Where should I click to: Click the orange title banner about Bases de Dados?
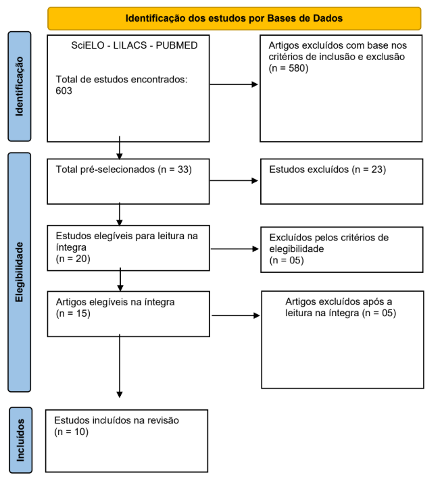(235, 18)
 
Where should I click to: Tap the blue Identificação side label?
(20, 86)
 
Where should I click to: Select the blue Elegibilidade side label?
(20, 272)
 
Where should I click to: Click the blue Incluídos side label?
(20, 440)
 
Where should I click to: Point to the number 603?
(64, 91)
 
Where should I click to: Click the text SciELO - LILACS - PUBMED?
(134, 45)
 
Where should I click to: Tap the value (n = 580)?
(289, 68)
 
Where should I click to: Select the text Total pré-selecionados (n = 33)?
(124, 170)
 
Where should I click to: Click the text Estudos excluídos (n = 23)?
(328, 170)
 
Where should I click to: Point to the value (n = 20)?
(73, 259)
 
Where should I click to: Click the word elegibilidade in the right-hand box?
(297, 249)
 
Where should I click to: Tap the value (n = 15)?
(73, 313)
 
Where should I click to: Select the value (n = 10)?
(71, 432)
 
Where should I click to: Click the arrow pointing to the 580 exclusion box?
(234, 84)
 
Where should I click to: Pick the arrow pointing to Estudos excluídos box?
(234, 180)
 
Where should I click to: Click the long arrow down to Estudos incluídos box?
(120, 366)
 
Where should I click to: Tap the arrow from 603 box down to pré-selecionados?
(120, 147)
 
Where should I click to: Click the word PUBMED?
(176, 45)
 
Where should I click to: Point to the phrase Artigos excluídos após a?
(339, 301)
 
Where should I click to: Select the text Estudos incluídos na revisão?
(116, 420)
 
